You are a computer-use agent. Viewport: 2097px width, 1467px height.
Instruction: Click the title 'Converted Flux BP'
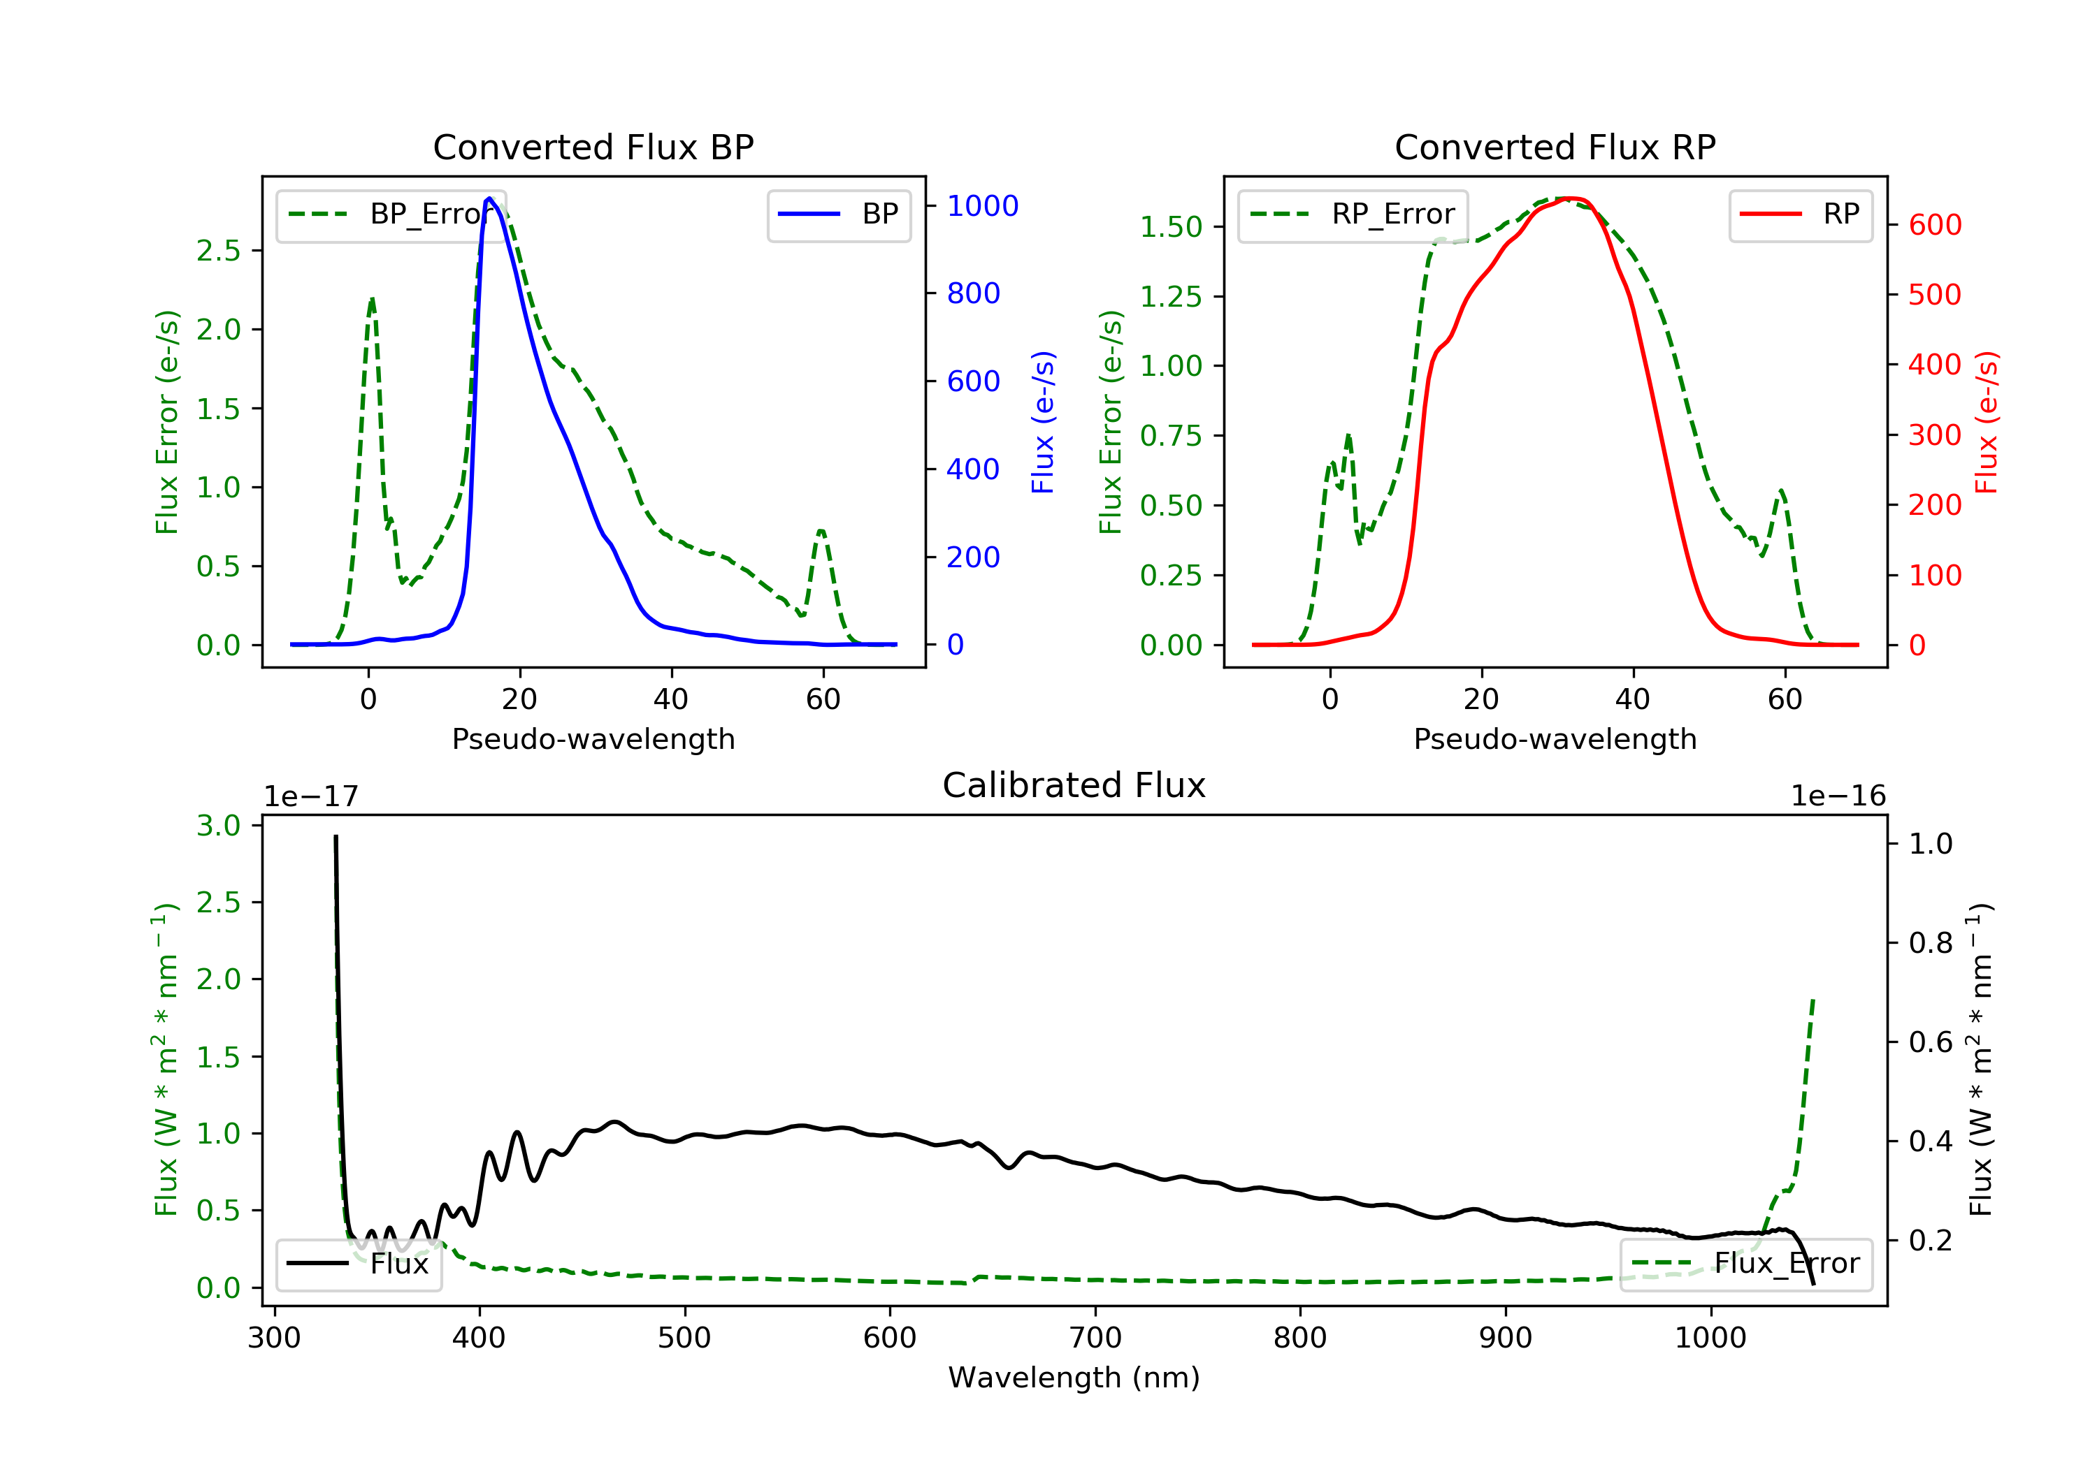click(593, 147)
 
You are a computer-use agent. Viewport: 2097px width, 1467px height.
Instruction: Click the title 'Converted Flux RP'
click(1555, 147)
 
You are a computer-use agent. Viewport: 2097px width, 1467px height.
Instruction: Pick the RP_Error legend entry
click(1353, 214)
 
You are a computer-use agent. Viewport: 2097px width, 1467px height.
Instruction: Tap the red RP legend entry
click(1800, 214)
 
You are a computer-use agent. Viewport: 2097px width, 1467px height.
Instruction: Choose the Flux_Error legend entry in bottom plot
click(1745, 1264)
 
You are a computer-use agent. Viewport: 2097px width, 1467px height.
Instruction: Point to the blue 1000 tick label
click(982, 206)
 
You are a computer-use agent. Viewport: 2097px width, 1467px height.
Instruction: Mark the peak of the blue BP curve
click(489, 198)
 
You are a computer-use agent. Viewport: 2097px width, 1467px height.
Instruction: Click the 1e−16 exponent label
click(1838, 796)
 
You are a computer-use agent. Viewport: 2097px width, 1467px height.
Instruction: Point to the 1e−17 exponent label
click(310, 796)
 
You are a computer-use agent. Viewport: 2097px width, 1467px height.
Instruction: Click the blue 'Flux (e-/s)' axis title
click(1042, 422)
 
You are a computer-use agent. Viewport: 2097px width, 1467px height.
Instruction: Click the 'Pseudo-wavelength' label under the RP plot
click(1555, 738)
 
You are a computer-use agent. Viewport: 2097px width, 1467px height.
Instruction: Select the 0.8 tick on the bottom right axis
click(1930, 943)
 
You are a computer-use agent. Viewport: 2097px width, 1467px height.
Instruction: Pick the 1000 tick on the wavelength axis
click(1710, 1338)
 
